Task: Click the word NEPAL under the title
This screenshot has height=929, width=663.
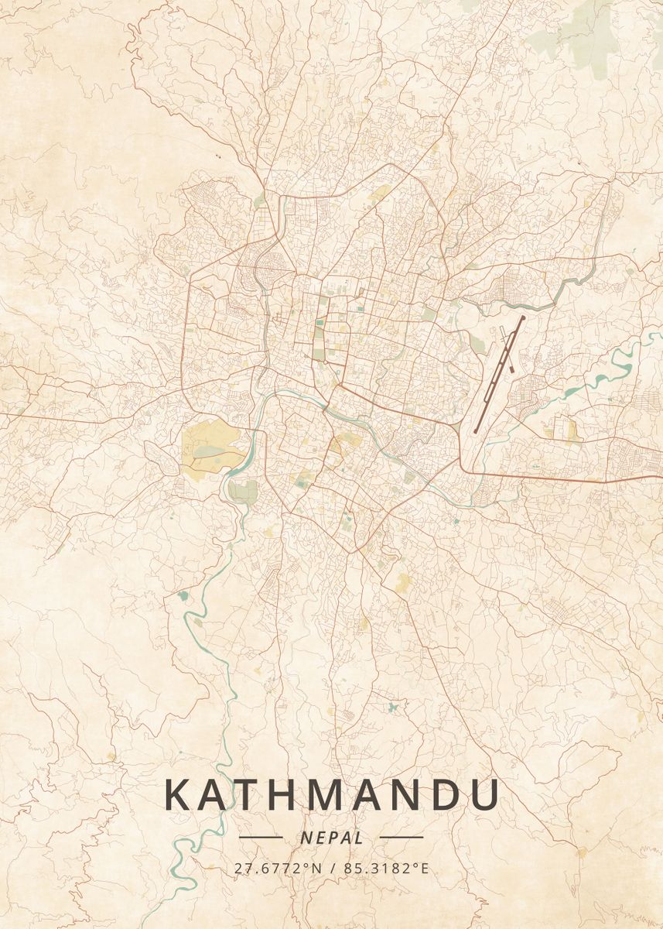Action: [331, 838]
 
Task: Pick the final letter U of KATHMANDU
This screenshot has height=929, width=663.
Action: [483, 796]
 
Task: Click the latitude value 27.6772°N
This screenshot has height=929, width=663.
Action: [278, 868]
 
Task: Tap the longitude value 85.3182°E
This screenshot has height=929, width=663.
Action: [385, 868]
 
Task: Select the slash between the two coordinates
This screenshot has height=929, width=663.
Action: [332, 868]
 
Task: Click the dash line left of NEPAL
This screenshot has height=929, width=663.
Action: [261, 837]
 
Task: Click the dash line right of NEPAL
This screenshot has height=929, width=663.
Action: [402, 837]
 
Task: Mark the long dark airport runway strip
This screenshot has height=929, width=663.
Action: [499, 373]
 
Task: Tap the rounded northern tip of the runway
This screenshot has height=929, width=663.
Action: [523, 317]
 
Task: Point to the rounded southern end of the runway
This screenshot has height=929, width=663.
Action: [476, 430]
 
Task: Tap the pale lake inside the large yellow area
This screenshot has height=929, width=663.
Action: [207, 451]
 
